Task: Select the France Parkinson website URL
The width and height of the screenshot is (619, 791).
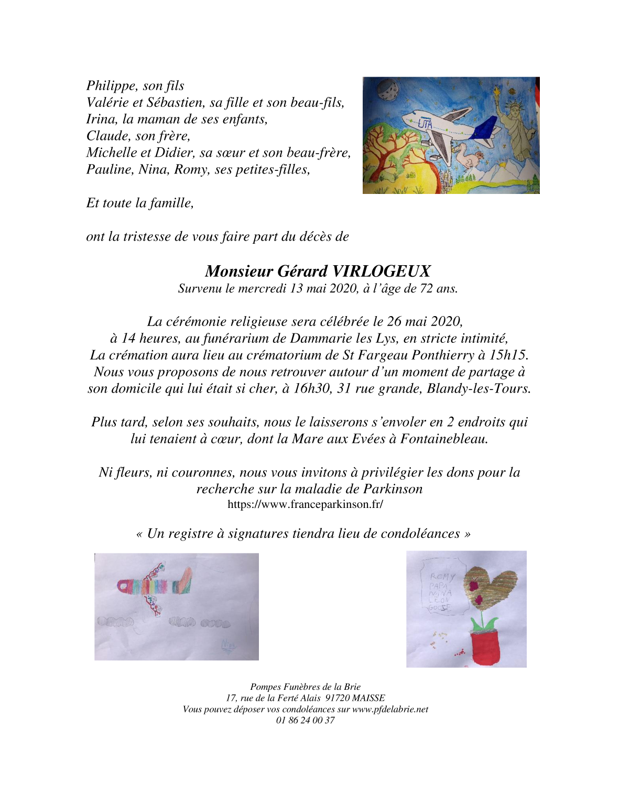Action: [x=305, y=505]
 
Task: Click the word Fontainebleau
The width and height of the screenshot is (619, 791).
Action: [x=444, y=439]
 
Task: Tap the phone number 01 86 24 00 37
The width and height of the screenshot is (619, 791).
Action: [x=305, y=720]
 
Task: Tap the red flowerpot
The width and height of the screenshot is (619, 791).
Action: [x=485, y=648]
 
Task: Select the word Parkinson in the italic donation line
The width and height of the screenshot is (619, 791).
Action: [x=393, y=489]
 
